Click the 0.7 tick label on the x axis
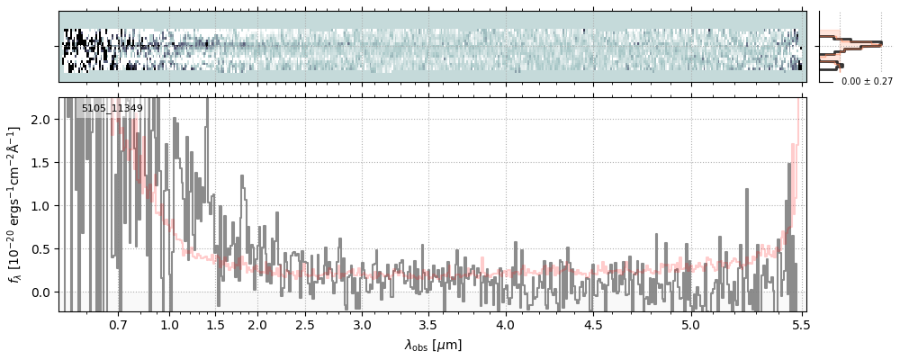(x=118, y=323)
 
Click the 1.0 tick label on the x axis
(x=170, y=323)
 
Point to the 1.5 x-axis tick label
(x=216, y=323)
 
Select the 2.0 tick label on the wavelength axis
(x=257, y=323)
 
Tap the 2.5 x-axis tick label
(x=305, y=323)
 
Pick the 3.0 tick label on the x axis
(x=362, y=323)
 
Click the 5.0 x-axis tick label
(x=690, y=323)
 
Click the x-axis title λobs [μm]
(x=432, y=345)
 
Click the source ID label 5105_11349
(x=112, y=109)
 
